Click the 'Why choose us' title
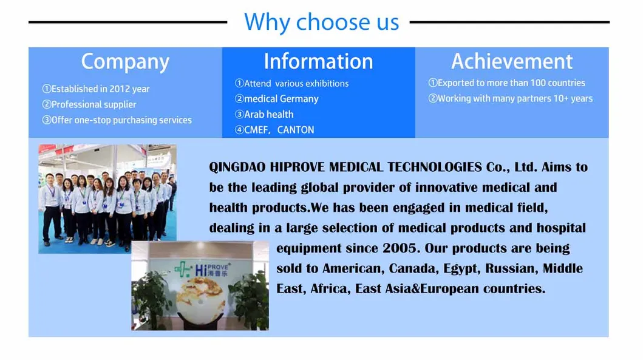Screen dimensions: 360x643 tap(321, 22)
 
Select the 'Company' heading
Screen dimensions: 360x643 tap(125, 61)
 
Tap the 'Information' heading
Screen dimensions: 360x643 tap(318, 61)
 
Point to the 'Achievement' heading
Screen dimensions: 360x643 tap(512, 61)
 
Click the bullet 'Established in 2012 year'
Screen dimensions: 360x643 tap(95, 89)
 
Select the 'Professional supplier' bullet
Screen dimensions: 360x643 tap(89, 104)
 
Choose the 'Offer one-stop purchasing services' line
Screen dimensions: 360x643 tap(117, 120)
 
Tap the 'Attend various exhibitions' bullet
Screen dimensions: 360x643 tap(291, 83)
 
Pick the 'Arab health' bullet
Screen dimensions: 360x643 tap(264, 114)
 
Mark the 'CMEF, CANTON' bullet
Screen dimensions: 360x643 tap(274, 130)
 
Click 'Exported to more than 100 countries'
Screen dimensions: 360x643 tap(506, 83)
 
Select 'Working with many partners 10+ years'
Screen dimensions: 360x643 tap(510, 98)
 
